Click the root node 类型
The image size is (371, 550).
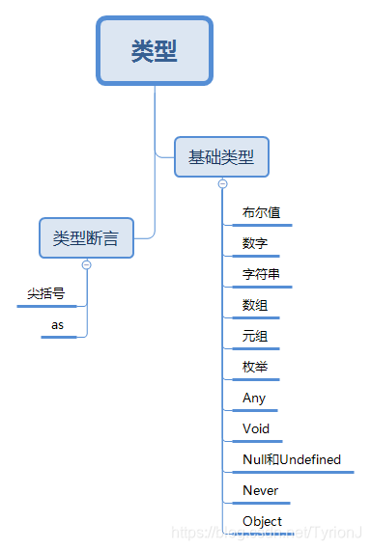(x=155, y=50)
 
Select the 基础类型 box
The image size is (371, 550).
(x=221, y=156)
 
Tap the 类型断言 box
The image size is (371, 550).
(x=86, y=237)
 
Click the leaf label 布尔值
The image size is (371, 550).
(x=262, y=212)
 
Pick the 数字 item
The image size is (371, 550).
(x=255, y=243)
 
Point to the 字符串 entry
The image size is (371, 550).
(x=262, y=274)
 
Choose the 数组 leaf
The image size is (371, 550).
(x=255, y=305)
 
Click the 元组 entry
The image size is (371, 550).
(x=255, y=336)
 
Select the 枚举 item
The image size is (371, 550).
(x=255, y=367)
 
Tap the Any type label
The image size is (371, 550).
(x=254, y=398)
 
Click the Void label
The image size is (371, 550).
(x=256, y=428)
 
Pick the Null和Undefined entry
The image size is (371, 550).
(x=292, y=459)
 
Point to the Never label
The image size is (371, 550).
(x=261, y=490)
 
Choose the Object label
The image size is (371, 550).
(x=263, y=521)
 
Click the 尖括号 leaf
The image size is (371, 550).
(x=45, y=293)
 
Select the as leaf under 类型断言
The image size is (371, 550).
(x=58, y=325)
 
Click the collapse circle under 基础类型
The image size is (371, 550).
(x=222, y=183)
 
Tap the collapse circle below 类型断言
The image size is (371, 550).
(x=86, y=264)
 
